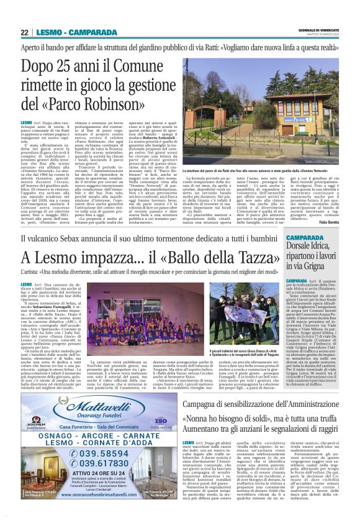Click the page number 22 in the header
point(24,33)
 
